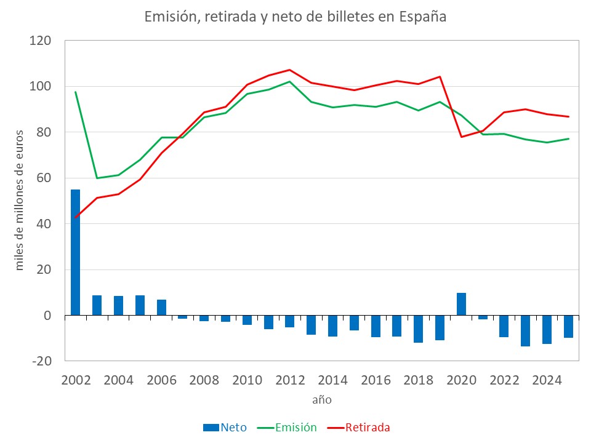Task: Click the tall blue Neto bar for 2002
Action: [76, 252]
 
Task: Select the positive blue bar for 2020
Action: [461, 304]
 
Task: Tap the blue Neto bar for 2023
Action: [525, 330]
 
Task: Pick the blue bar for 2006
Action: [161, 308]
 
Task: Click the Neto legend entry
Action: [225, 427]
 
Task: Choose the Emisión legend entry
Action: [289, 427]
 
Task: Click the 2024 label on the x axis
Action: [547, 380]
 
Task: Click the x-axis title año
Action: [321, 399]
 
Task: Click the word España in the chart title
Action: [422, 17]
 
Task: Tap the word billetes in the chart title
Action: [351, 17]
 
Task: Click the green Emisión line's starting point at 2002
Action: [76, 92]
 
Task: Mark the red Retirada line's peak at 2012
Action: [290, 70]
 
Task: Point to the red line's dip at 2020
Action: [461, 137]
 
